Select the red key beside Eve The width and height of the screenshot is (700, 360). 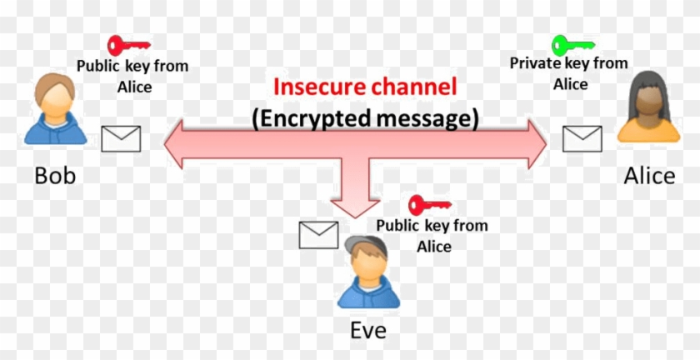point(429,203)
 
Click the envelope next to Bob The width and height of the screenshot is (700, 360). point(121,138)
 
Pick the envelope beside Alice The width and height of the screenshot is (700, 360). point(582,138)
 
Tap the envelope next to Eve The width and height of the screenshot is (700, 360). point(318,235)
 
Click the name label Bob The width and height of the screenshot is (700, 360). point(55,177)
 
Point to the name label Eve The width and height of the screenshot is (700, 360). point(367,330)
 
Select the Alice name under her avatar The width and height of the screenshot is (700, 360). point(649,177)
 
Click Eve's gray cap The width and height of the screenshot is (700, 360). point(367,244)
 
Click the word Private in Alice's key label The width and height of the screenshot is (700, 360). point(533,63)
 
